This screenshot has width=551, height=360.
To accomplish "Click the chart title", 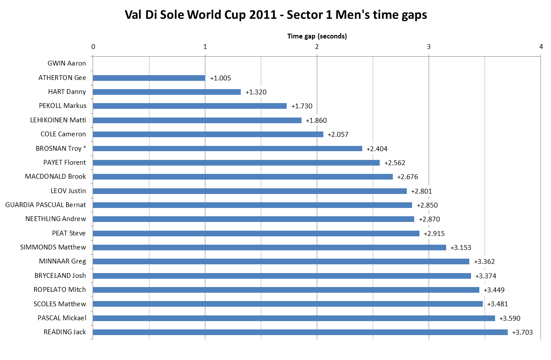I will tap(275, 15).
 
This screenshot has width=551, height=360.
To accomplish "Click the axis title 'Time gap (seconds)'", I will tap(317, 36).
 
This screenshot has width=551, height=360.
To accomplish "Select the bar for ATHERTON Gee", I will tap(149, 78).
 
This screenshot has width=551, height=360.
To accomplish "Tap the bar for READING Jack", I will tap(300, 332).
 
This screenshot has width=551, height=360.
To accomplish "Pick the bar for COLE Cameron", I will tap(208, 134).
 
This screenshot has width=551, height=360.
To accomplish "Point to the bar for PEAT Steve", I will tap(256, 233).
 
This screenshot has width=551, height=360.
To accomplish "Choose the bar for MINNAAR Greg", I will tap(281, 261).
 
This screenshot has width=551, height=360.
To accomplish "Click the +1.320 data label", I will tap(256, 92).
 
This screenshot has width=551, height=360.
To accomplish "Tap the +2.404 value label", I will tap(377, 149).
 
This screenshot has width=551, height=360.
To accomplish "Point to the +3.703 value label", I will tap(522, 332).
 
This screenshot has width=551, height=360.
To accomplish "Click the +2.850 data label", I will tap(427, 205).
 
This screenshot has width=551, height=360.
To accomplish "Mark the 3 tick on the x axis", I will tap(429, 47).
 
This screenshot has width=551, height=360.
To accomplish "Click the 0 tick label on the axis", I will tap(93, 47).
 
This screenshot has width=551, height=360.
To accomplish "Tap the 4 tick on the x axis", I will tap(541, 47).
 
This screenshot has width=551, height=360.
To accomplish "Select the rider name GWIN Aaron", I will tap(67, 63).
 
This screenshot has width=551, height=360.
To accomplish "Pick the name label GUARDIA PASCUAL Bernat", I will tap(45, 205).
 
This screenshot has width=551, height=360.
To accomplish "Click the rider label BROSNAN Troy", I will tap(61, 149).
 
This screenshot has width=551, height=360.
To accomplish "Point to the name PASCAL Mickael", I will tap(62, 318).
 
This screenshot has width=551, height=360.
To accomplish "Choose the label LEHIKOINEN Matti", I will tap(58, 120).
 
